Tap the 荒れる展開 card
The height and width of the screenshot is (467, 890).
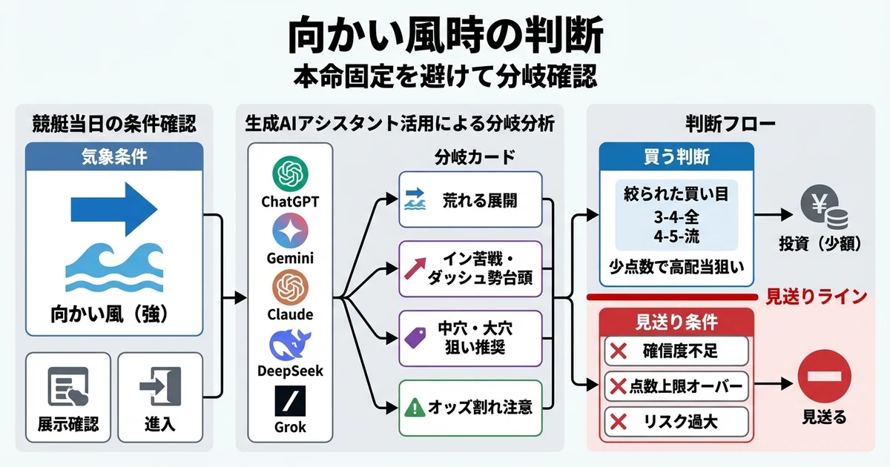pos(470,200)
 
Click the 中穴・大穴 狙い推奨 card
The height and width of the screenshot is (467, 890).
pos(470,338)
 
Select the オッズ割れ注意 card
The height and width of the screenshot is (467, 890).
pos(470,407)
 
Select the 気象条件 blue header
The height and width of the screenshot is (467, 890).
pos(114,157)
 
